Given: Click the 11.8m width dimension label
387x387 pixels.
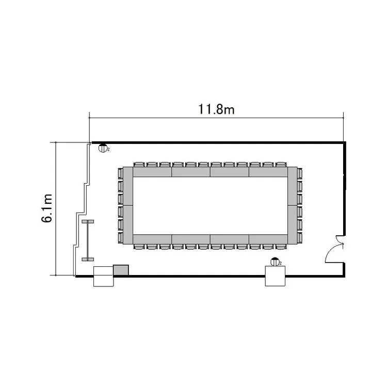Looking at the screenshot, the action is (x=216, y=109).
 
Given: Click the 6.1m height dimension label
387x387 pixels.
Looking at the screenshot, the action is (x=47, y=208).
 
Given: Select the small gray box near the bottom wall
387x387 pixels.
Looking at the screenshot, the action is (x=121, y=270).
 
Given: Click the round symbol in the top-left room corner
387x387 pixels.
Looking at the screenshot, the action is (x=103, y=148).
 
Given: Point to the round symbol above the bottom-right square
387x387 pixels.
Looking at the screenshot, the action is (x=275, y=262).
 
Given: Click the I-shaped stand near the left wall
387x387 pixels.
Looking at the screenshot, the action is (x=88, y=240).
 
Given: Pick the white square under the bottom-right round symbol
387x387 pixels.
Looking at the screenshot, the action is (x=275, y=276).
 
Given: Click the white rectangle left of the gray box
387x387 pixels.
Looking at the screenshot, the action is (x=103, y=277).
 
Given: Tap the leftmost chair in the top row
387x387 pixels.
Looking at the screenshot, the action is (x=139, y=165).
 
